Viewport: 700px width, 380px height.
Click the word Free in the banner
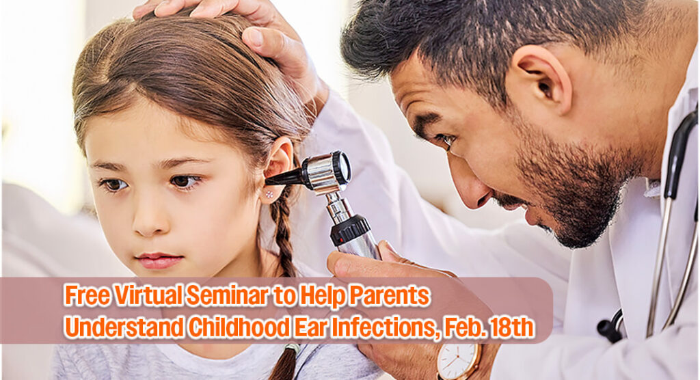87,295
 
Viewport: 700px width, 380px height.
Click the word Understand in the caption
124,327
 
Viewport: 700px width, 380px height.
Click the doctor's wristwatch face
457,362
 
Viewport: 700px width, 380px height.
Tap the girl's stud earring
269,194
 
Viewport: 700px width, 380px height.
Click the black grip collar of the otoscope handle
350,230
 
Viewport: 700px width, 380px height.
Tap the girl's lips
159,261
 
